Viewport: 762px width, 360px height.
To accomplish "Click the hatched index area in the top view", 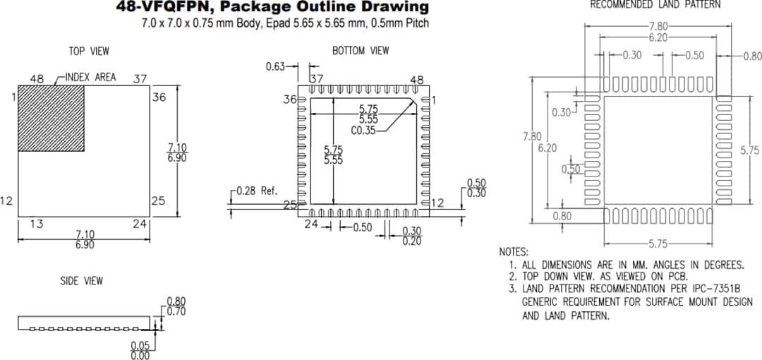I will click(x=51, y=118).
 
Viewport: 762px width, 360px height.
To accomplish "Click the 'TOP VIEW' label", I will click(x=89, y=52).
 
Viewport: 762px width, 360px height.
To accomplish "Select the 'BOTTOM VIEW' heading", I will click(x=360, y=51).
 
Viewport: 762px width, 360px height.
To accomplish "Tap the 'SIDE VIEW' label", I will click(x=81, y=281).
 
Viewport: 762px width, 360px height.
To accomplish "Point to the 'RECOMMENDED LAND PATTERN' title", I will click(x=655, y=5).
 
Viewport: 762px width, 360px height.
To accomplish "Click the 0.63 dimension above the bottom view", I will click(x=275, y=66).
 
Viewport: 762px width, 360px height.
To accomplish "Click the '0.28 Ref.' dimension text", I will click(x=257, y=191).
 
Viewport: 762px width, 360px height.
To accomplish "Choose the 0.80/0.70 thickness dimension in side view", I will click(x=176, y=306).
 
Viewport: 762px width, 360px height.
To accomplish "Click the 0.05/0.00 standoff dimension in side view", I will click(x=140, y=351).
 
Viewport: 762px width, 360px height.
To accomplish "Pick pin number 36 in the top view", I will click(x=159, y=97).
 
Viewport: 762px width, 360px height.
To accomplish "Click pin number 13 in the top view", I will click(x=37, y=224).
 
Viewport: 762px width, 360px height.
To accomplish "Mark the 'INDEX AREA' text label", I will click(x=90, y=77).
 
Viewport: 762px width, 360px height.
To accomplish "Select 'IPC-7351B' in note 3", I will click(x=717, y=289).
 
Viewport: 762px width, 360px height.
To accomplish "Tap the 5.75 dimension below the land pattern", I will click(x=658, y=244).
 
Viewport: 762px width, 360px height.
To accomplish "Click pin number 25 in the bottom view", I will click(x=289, y=205).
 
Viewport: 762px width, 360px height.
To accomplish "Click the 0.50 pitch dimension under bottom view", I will click(x=362, y=227).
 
